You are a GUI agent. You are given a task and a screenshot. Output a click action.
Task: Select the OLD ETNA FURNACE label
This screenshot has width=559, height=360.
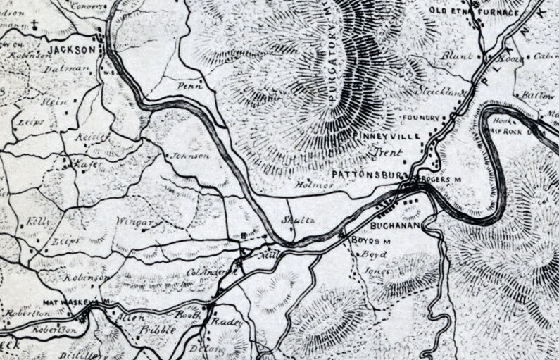point(475,12)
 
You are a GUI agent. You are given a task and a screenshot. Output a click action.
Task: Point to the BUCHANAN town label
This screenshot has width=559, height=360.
point(394,225)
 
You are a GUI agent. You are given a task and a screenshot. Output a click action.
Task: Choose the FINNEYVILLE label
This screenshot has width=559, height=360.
point(389,136)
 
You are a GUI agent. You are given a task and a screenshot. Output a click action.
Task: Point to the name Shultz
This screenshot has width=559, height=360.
point(296,220)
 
